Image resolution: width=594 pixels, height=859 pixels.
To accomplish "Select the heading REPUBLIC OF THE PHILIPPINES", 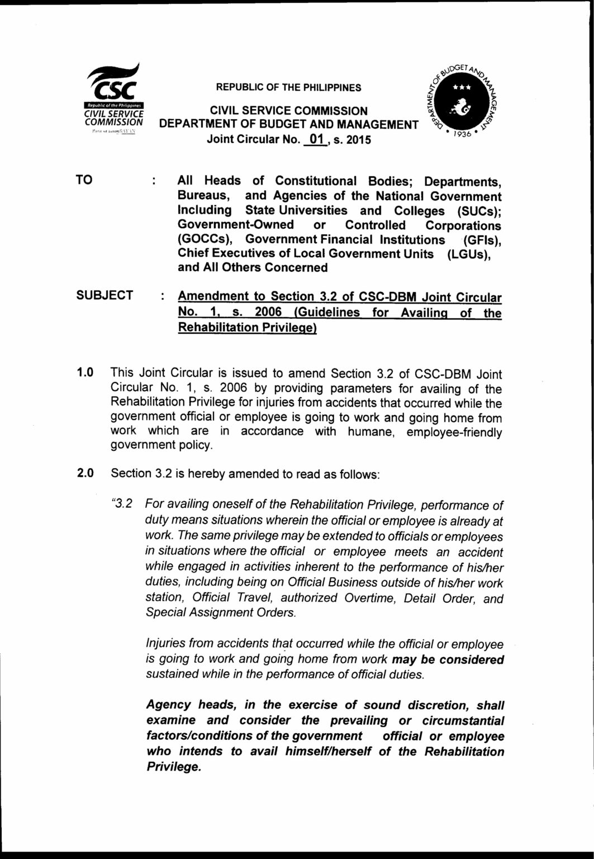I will (x=288, y=88).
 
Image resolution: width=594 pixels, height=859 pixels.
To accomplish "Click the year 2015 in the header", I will (x=359, y=139).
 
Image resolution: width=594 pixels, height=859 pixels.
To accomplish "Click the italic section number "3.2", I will (x=121, y=504).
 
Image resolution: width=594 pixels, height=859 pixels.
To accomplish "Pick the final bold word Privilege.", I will (x=173, y=767).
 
